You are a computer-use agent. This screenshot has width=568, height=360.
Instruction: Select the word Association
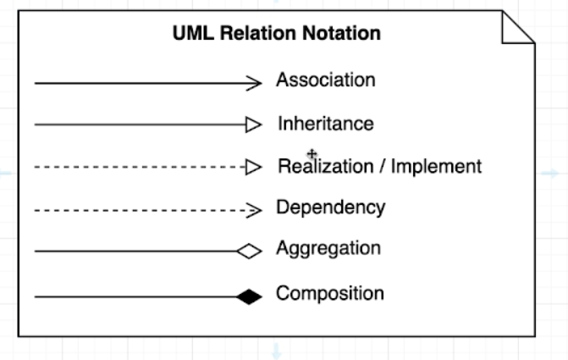click(325, 80)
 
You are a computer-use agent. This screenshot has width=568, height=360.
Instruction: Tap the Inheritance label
click(325, 124)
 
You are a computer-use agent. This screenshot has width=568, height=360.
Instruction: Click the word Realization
click(326, 166)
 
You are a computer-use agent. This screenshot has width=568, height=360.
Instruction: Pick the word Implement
click(436, 167)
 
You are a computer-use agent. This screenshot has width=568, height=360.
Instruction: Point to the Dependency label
click(330, 208)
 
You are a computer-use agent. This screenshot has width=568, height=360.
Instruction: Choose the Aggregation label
click(328, 249)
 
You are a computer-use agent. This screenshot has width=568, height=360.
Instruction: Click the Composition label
click(329, 294)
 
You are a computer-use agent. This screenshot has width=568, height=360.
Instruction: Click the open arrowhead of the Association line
click(255, 83)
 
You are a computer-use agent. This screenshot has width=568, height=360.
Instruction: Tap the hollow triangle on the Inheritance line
click(253, 125)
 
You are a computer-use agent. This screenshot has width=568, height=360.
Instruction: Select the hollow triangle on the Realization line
click(253, 167)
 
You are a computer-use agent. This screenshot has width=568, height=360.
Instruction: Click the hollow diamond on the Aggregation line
click(249, 251)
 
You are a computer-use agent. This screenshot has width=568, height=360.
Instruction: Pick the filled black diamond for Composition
click(249, 296)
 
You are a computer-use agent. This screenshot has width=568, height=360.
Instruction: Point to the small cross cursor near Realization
click(312, 154)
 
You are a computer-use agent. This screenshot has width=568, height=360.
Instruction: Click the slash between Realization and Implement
click(383, 167)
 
